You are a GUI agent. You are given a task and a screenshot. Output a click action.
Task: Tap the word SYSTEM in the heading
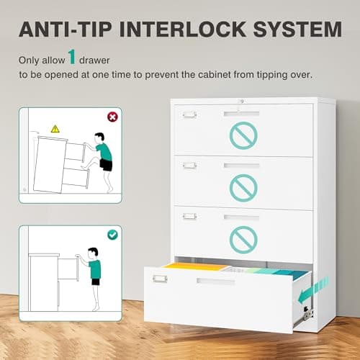[301, 30]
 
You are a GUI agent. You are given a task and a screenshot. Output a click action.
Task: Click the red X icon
[112, 116]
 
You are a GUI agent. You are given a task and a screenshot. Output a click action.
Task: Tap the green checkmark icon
[112, 234]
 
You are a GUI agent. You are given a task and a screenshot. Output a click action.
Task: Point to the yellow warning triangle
[55, 128]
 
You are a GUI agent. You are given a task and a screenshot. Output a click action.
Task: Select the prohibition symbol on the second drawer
[243, 186]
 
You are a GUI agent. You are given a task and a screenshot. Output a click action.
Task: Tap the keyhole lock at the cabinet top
[242, 102]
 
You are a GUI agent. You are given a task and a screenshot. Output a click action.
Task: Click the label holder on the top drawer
[189, 114]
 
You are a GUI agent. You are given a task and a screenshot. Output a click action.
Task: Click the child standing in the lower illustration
[94, 266]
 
